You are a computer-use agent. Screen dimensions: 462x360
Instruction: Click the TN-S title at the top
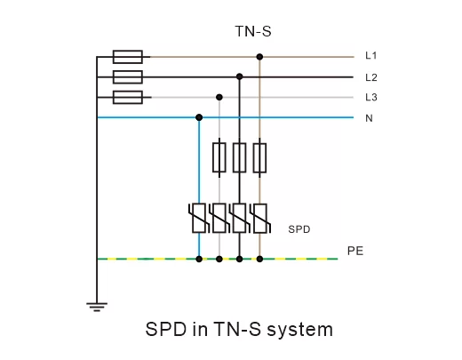tap(253, 31)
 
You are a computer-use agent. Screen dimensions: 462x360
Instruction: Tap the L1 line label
tap(370, 55)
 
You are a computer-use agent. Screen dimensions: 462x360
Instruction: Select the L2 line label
tap(371, 77)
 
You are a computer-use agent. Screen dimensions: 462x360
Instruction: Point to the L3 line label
tap(371, 97)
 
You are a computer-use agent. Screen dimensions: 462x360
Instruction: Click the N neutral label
tap(369, 118)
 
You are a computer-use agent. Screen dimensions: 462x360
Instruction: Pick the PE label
tap(355, 251)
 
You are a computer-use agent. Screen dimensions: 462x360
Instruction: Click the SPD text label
tap(299, 229)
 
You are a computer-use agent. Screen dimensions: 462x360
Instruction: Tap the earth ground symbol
tap(97, 307)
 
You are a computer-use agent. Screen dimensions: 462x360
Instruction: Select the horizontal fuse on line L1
tap(128, 57)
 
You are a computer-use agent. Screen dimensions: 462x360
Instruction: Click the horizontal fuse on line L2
tap(128, 77)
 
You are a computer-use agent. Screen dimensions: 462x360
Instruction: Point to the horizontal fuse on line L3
tap(128, 97)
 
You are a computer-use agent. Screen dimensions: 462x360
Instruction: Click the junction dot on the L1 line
tap(259, 57)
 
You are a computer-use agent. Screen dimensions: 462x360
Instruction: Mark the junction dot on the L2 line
tap(240, 77)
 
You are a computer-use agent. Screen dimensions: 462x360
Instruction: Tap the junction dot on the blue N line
tap(199, 117)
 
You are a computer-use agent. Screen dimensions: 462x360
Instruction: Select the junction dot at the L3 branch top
tap(219, 97)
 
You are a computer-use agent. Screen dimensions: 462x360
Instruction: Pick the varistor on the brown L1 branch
tap(259, 218)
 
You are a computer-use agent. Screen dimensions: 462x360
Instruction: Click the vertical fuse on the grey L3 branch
tap(219, 157)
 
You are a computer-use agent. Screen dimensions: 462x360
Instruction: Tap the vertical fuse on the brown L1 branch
tap(259, 157)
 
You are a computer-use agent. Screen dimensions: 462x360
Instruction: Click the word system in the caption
tap(300, 330)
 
